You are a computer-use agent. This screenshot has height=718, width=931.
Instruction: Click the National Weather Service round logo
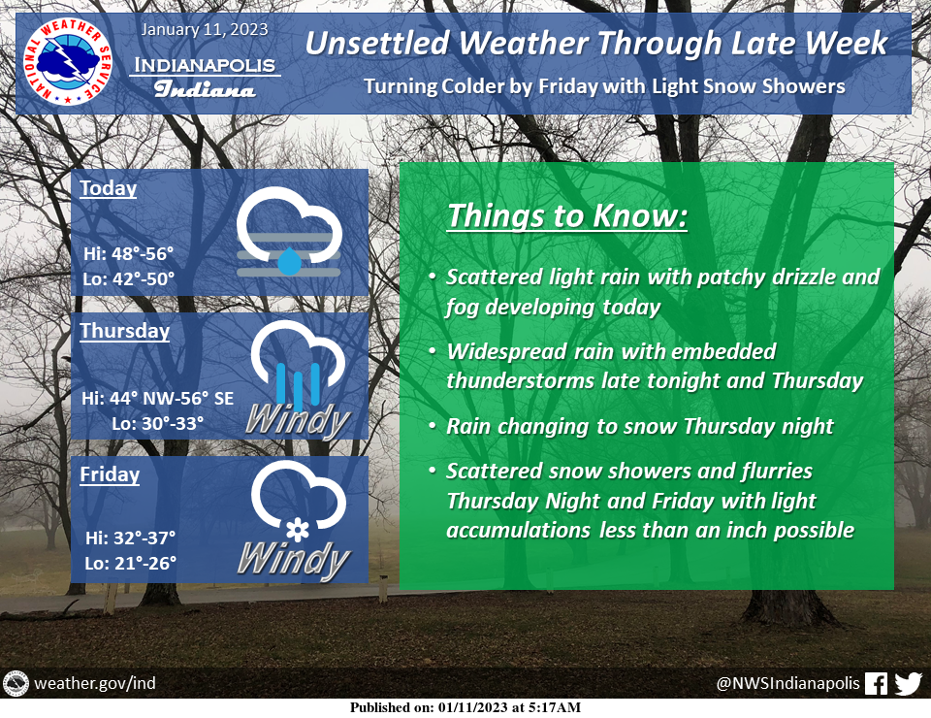68,62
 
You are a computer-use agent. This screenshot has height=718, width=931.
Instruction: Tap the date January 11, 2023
205,30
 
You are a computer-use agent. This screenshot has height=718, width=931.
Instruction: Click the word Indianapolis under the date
205,65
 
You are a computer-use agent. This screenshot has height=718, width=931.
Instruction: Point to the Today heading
108,187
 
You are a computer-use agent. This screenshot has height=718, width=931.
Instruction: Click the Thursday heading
125,330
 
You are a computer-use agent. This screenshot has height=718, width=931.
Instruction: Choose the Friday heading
110,473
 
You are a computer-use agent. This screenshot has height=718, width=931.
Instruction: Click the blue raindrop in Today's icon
289,261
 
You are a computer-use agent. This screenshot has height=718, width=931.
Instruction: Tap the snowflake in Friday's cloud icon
298,530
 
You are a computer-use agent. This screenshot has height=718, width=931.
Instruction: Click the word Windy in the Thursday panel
298,421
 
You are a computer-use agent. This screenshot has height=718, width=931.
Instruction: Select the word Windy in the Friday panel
294,560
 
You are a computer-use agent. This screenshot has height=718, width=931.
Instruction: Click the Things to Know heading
567,215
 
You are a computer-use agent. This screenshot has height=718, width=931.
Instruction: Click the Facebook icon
876,683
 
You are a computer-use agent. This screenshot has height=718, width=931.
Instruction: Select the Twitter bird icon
908,683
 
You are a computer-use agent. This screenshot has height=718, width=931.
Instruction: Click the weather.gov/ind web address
95,683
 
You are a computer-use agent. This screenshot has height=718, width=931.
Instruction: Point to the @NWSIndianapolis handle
787,683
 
